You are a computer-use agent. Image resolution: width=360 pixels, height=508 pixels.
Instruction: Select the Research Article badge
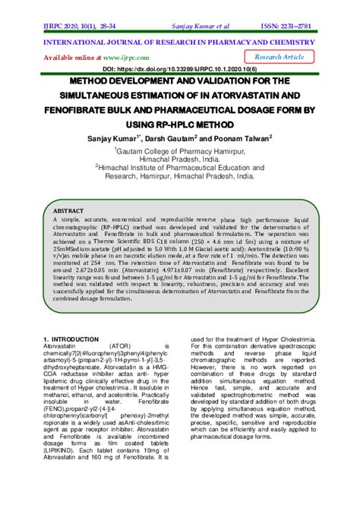point(279,57)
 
